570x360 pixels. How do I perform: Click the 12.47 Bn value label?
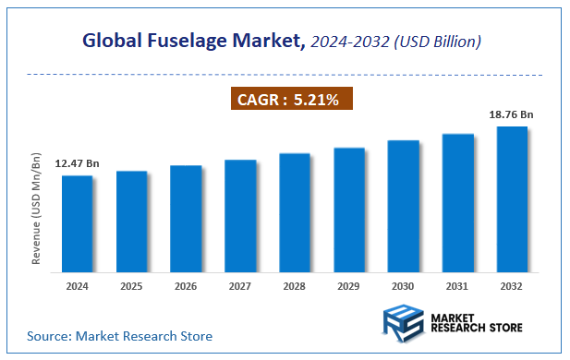tap(77, 163)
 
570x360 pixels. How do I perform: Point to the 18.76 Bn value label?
tap(512, 114)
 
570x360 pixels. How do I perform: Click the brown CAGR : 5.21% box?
tap(292, 97)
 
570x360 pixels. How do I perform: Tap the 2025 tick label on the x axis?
tap(131, 287)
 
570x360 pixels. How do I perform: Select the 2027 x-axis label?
tap(240, 287)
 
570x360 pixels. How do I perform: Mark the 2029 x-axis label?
tap(349, 287)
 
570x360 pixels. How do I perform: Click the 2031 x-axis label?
tap(458, 287)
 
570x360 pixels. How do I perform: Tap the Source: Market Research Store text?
tap(119, 335)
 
